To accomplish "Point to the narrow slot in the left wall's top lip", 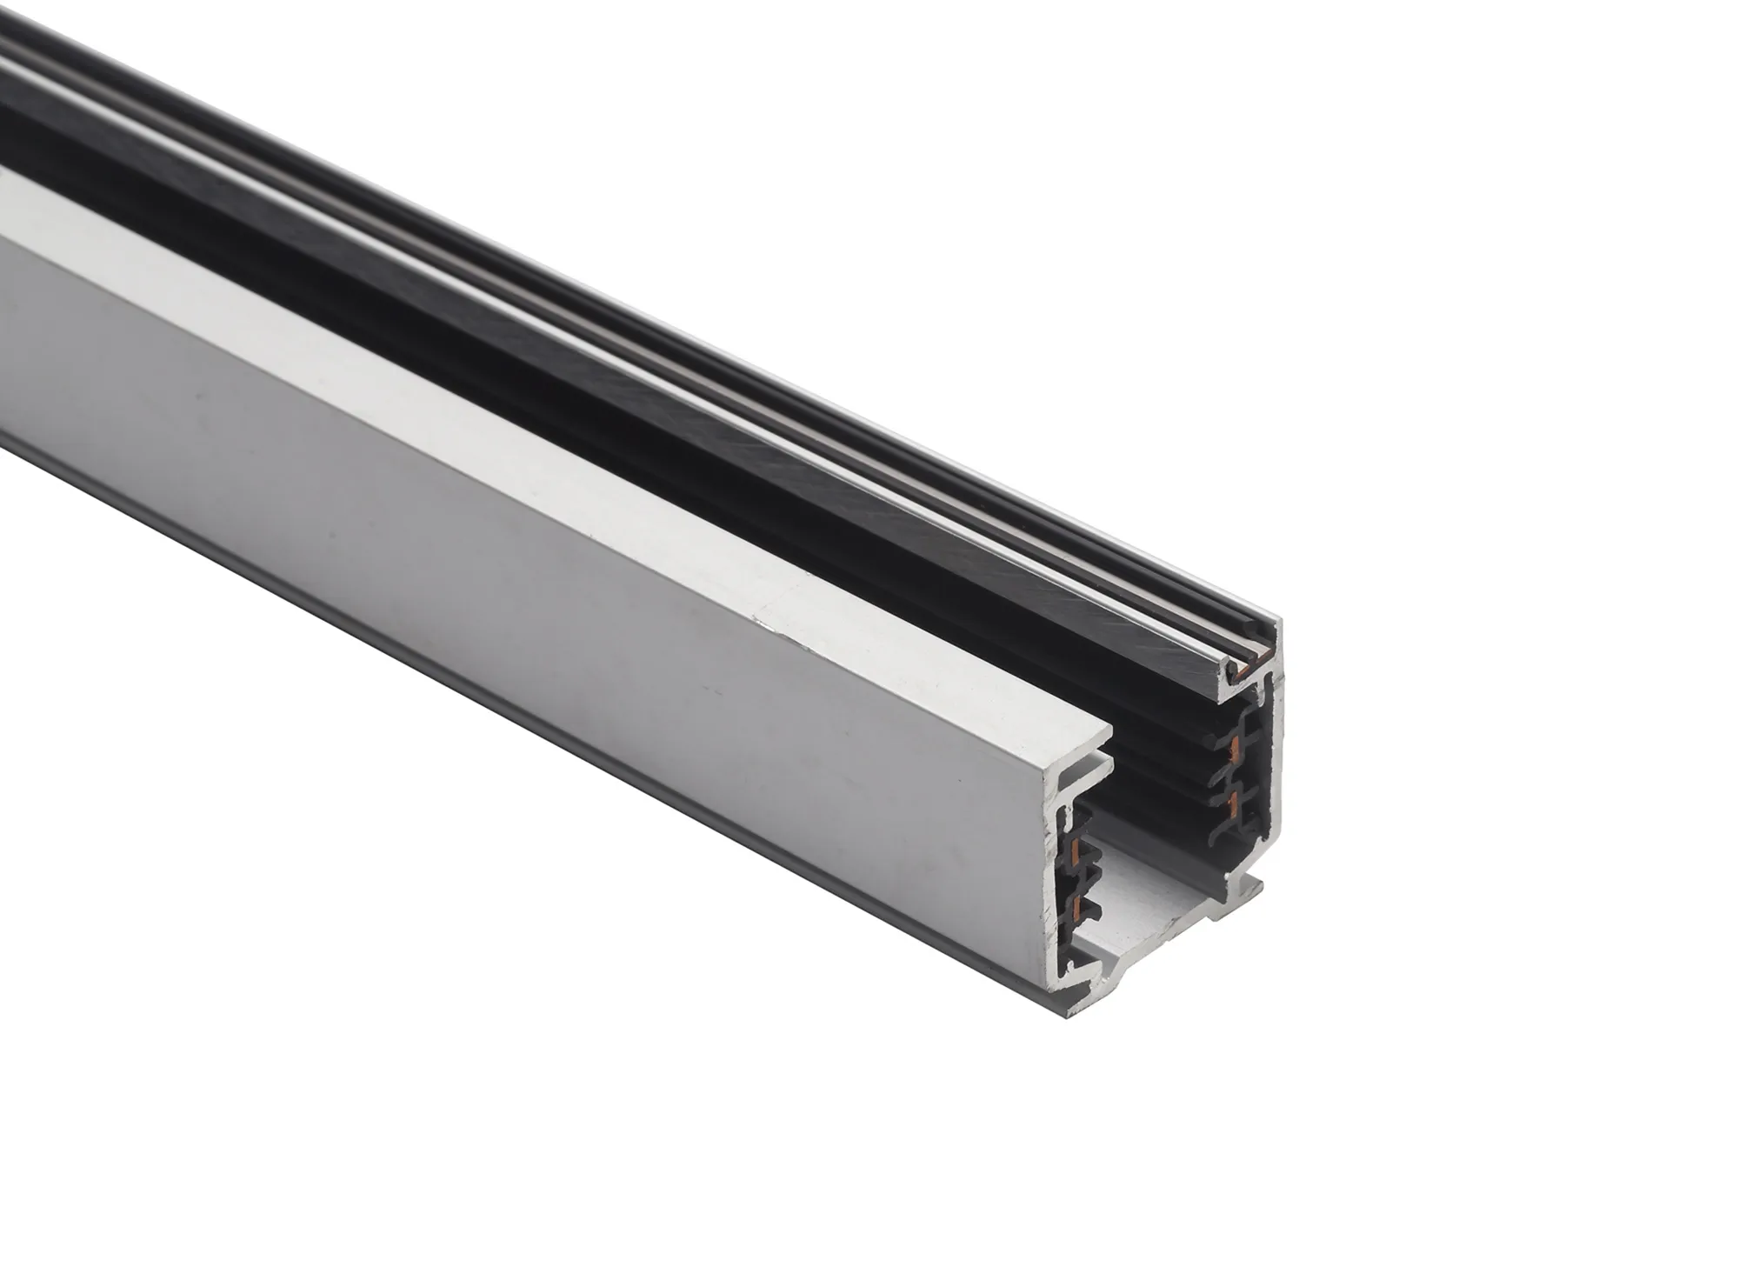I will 1087,764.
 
